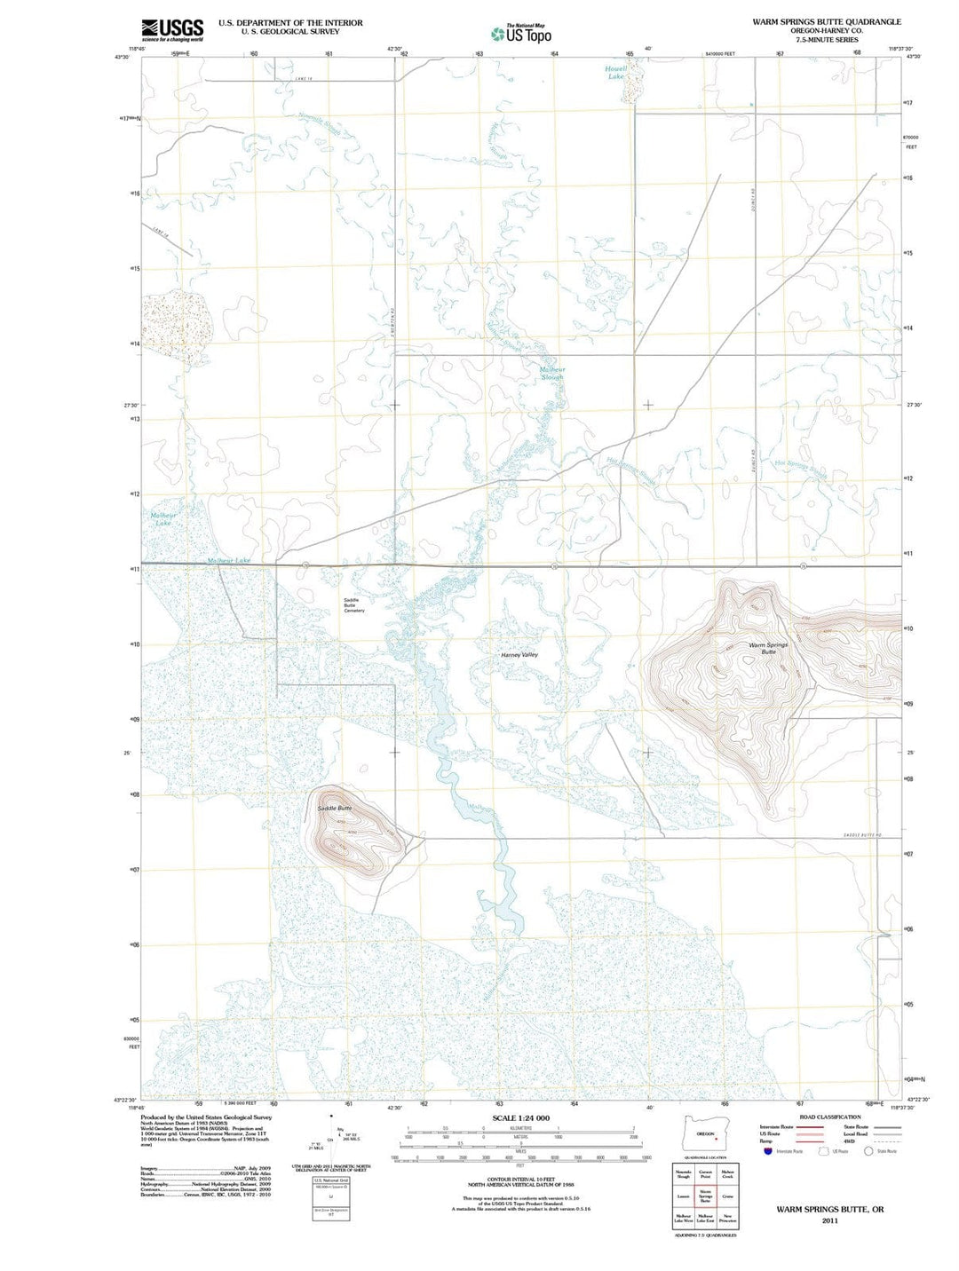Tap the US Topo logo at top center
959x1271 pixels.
521,34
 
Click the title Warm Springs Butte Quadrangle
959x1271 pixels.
826,21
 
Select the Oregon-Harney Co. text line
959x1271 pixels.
826,30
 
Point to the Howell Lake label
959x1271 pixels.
615,72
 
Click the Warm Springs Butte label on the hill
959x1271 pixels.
768,648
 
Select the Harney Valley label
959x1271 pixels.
519,654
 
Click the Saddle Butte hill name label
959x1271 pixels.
335,808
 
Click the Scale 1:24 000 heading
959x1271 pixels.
520,1117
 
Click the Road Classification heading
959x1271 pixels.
829,1117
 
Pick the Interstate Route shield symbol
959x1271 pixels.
768,1151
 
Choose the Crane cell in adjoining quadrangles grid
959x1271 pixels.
728,1196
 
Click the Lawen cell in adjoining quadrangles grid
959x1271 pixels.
683,1196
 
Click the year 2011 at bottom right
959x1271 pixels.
829,1220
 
